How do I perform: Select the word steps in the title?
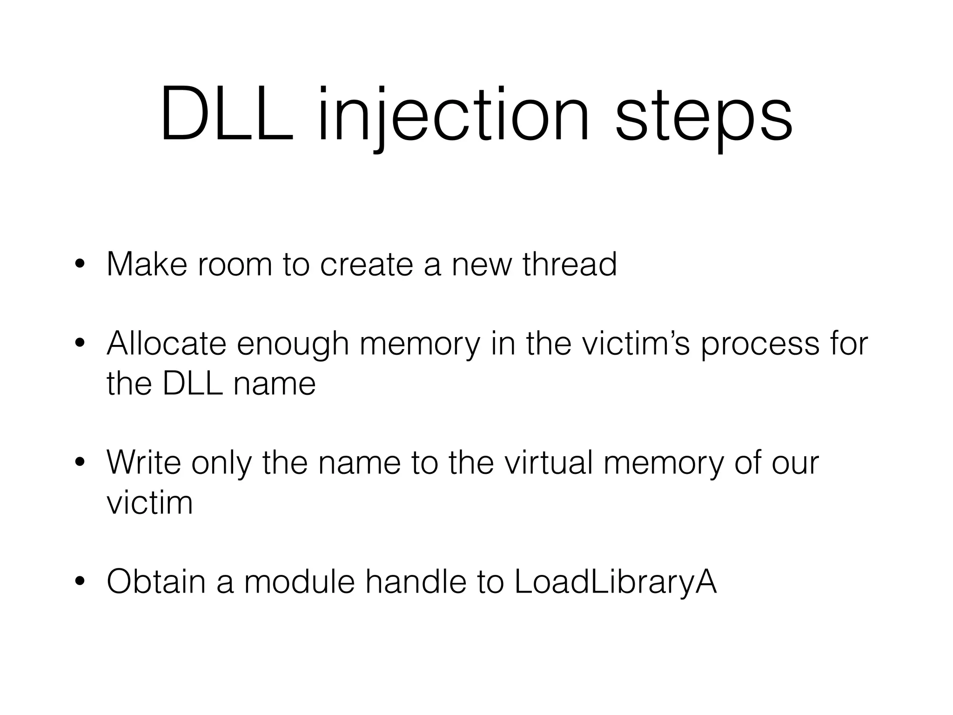[x=704, y=119]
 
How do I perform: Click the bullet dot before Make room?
[x=80, y=264]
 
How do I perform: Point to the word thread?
[x=570, y=264]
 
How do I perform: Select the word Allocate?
[x=166, y=344]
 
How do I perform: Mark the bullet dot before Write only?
[x=80, y=463]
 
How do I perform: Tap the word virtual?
[x=548, y=463]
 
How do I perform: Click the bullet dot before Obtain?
[x=80, y=582]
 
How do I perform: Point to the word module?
[x=299, y=582]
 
